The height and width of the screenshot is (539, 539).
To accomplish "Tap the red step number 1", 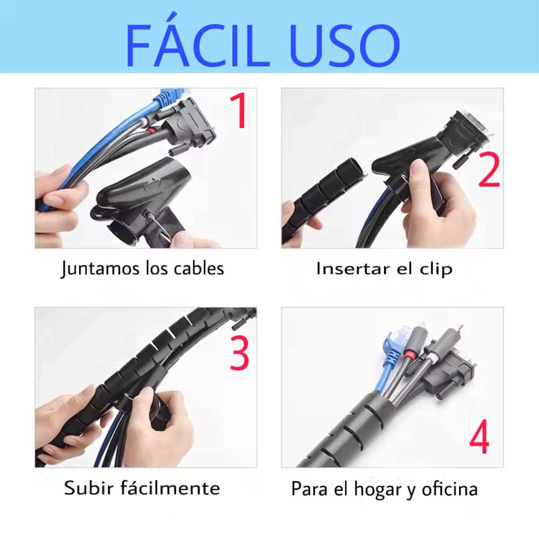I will (239, 111).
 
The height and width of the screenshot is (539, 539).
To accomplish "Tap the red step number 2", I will (489, 169).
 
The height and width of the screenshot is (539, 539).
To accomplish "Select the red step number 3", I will (239, 353).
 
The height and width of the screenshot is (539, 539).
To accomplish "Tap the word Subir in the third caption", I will (88, 488).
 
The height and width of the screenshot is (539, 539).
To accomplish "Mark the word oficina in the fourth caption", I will (449, 489).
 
